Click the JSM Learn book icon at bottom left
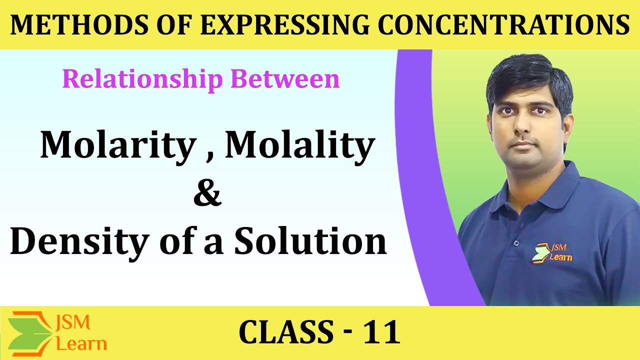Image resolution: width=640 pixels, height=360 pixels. [x=31, y=331]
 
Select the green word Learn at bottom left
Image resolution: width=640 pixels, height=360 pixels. [x=81, y=343]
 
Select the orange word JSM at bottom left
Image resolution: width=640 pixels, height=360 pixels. [x=74, y=322]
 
